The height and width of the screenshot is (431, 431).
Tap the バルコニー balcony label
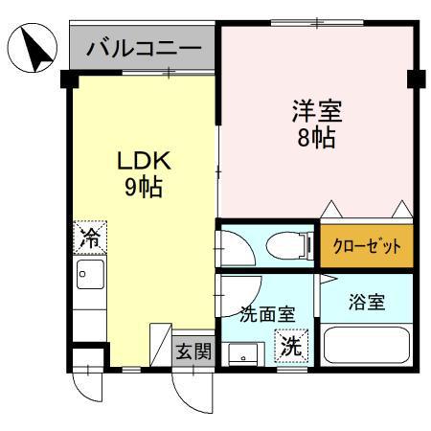[143, 48]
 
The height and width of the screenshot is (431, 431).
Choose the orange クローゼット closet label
[367, 246]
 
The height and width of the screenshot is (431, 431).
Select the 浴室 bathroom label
[366, 303]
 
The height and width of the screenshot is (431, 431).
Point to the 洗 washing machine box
[290, 347]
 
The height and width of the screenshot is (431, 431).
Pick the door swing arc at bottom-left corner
[88, 387]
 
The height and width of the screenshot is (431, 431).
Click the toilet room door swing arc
[237, 248]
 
